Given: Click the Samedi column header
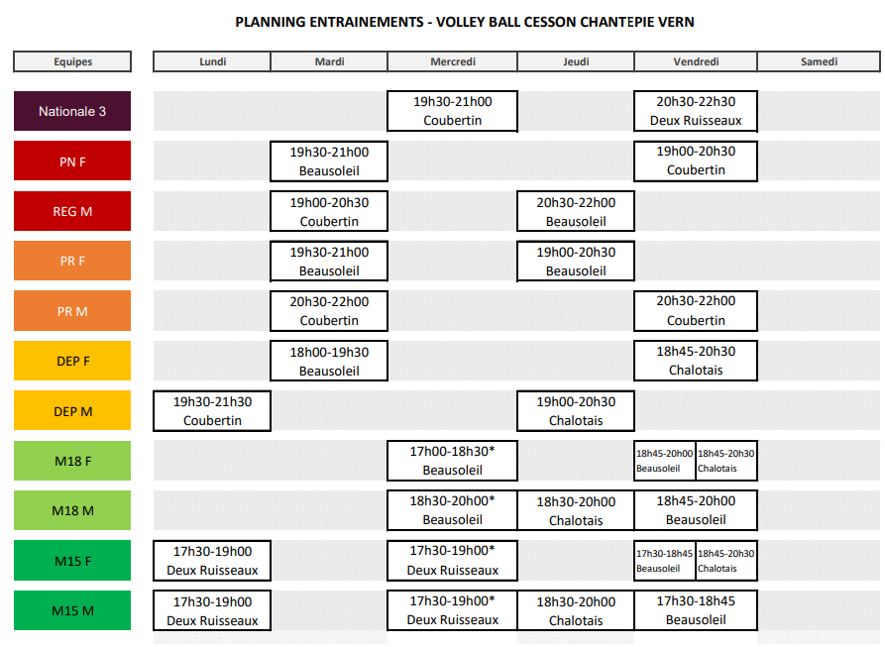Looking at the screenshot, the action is (x=819, y=61).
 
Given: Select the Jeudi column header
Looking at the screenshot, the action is (x=576, y=61).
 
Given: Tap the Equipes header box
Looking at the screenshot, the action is (x=72, y=61).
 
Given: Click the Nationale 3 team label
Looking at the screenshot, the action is (x=72, y=111).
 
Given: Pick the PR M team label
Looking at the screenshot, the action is (x=72, y=311).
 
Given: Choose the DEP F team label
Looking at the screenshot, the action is (x=72, y=361).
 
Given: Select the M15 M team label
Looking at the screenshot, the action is (x=72, y=610).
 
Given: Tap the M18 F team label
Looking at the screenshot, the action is (x=72, y=461).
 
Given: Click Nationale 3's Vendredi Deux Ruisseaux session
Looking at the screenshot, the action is (x=696, y=111).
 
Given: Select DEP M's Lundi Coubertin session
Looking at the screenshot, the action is (x=212, y=411).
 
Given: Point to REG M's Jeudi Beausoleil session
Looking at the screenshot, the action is (x=576, y=211).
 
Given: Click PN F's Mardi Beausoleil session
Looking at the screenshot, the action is (x=329, y=162).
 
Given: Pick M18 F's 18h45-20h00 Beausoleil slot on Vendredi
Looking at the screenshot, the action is (x=664, y=461).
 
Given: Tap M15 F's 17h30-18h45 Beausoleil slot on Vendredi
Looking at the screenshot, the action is (x=664, y=561).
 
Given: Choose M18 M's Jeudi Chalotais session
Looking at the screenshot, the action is (x=576, y=511).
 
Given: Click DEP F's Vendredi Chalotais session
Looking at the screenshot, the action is (x=696, y=361).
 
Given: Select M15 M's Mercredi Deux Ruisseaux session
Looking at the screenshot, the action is (x=453, y=610).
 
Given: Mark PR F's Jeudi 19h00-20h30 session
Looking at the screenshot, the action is (x=576, y=262).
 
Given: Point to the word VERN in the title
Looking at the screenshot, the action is (x=677, y=22).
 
